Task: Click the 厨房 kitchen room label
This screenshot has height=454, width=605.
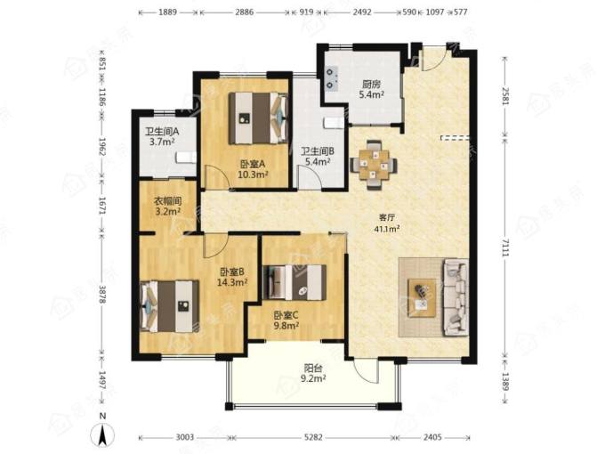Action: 371,84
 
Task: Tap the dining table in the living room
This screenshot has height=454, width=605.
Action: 373,165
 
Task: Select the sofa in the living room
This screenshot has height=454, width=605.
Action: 456,296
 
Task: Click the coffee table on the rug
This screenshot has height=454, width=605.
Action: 422,298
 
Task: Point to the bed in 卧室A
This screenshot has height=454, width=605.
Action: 258,118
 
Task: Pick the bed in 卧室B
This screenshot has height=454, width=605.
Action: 170,306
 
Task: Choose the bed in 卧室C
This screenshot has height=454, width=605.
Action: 294,282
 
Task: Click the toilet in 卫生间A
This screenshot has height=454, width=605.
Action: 187,158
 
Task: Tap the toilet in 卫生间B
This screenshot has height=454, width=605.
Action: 334,123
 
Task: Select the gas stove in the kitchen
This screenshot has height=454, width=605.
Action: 331,78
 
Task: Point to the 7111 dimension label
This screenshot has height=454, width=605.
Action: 505,247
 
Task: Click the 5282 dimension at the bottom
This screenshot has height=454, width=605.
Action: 313,437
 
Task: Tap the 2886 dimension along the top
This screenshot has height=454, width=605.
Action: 245,12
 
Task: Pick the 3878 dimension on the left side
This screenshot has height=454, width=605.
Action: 101,294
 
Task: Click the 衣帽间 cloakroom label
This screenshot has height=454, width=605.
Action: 168,201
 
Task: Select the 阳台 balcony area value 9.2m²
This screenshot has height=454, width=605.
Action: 313,378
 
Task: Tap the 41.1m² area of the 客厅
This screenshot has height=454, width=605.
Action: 387,229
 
